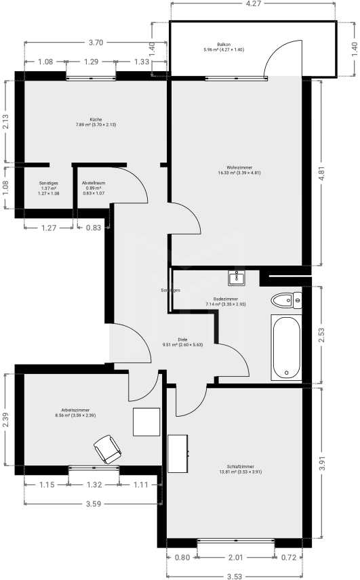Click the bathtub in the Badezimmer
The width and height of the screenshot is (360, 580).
285,347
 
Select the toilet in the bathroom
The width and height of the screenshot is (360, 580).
285,299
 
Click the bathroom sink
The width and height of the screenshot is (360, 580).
238,276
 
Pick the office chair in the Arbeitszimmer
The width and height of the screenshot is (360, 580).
106,448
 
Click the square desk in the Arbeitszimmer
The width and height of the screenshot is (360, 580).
146,422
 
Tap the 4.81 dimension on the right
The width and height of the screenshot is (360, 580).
330,173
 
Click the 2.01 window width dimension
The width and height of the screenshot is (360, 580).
235,558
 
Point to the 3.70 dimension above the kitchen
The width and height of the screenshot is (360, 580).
96,43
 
